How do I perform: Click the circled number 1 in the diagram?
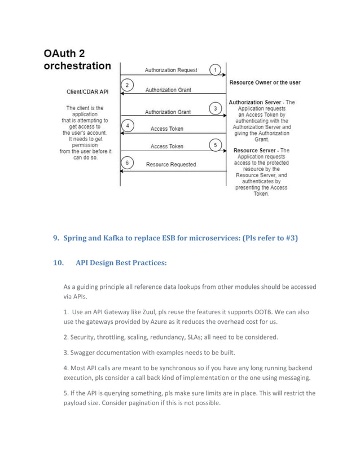click(215, 70)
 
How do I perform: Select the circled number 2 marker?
click(128, 85)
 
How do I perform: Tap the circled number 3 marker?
click(215, 108)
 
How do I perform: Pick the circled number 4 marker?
click(128, 125)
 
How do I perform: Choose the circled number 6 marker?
click(128, 163)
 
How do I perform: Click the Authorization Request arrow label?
click(171, 71)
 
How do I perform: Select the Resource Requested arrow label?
click(171, 165)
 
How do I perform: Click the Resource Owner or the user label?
click(265, 83)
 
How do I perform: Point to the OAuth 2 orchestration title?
click(77, 60)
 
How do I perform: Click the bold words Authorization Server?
click(253, 102)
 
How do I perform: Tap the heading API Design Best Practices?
click(121, 262)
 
